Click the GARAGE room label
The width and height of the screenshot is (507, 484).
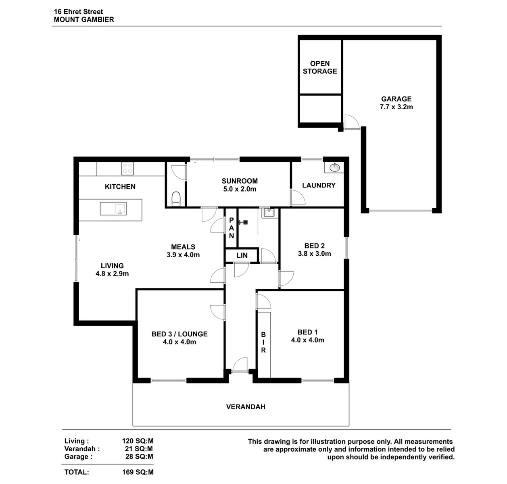coord(396,99)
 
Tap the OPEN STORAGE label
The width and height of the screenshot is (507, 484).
coord(320,67)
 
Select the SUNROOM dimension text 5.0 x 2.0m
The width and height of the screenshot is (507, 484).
coord(240,189)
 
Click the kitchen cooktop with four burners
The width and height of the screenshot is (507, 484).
coord(127,168)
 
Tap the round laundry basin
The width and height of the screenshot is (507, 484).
coord(334,167)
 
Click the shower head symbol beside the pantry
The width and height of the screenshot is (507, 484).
coord(244,222)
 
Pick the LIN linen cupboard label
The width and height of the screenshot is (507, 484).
coord(242,256)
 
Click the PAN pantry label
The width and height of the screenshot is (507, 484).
coord(232,228)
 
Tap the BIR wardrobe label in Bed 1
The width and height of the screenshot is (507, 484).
coord(263,342)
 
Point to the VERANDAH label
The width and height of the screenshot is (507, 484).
coord(246,407)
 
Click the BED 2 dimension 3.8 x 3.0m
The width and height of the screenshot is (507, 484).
coord(315,254)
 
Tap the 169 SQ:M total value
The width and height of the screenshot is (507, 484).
coord(138,472)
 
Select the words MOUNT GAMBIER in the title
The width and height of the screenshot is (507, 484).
coord(84,19)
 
